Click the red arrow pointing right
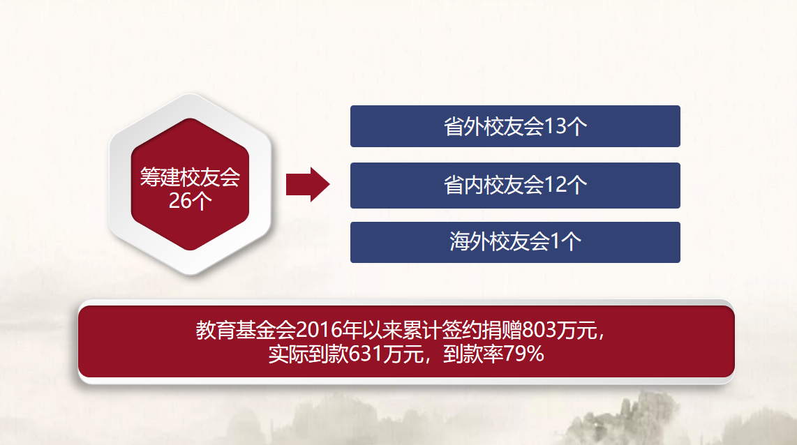coord(308,184)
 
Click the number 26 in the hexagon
coord(180,201)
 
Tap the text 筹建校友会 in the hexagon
coord(190,177)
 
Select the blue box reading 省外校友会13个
coord(515,126)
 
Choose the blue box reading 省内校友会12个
coord(515,186)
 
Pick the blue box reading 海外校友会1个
coord(515,242)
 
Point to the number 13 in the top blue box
coord(556,126)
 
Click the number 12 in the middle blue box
coord(556,185)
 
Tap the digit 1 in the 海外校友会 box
coord(555,241)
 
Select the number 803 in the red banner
coord(539,330)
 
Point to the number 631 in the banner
coord(366,354)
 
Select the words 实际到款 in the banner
coord(308,354)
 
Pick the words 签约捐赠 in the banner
coord(482,330)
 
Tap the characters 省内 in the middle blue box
coord(463,185)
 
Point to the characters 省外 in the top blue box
coord(463,126)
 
